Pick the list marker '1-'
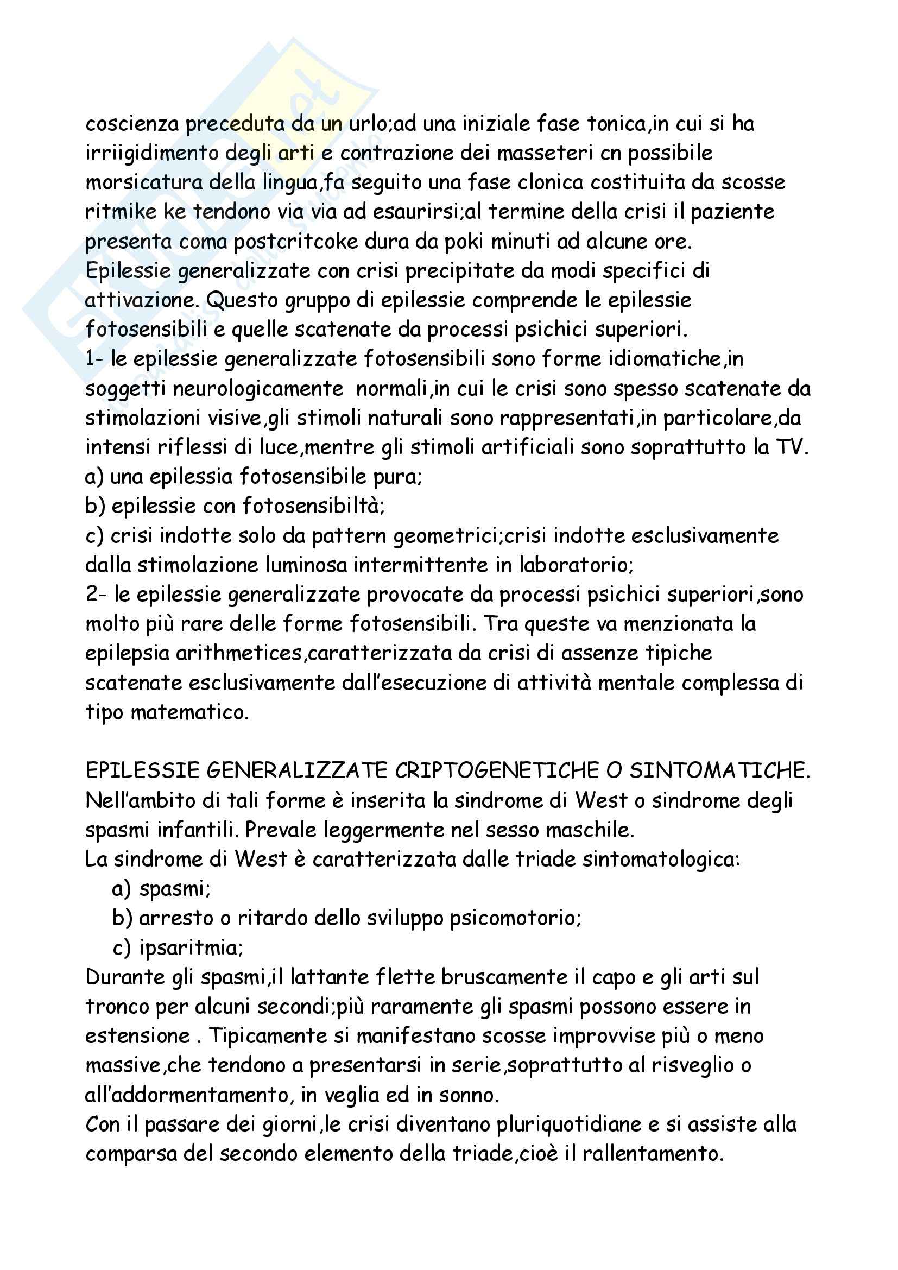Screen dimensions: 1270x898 tap(94, 359)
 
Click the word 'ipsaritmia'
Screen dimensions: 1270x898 tap(190, 948)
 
